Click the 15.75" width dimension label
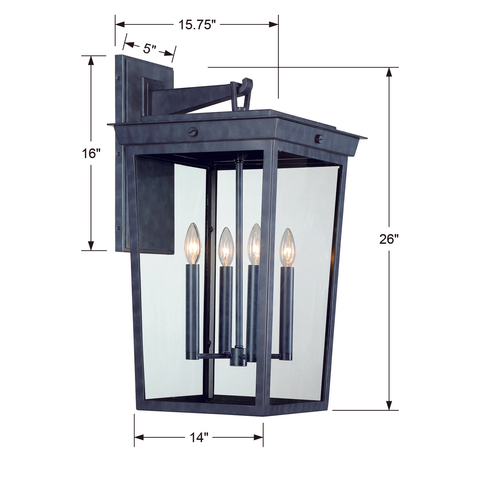click(197, 25)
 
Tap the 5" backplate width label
click(149, 49)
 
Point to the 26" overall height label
click(389, 239)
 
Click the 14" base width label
click(199, 438)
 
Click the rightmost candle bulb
click(287, 248)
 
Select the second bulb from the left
click(226, 247)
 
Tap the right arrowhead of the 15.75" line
click(273, 24)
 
